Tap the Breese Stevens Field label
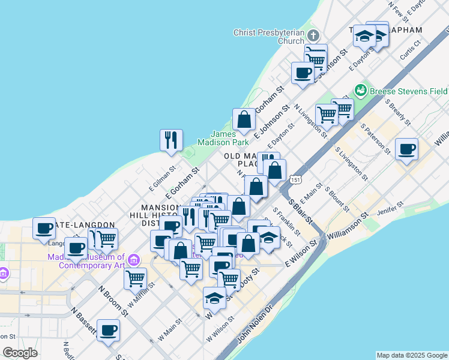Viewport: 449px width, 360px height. click(409, 91)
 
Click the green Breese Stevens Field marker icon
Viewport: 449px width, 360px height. click(361, 91)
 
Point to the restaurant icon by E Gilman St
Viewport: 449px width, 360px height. click(171, 140)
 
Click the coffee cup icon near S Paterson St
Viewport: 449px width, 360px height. click(407, 149)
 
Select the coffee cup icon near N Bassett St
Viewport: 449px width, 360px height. click(108, 330)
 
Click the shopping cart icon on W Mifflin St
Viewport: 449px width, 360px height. click(136, 278)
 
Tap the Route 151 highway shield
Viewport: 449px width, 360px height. click(295, 179)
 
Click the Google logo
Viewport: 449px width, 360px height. click(20, 352)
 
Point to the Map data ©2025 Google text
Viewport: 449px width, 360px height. click(412, 355)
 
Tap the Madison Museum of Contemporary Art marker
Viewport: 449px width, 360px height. click(134, 260)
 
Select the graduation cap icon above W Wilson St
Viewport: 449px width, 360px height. click(215, 297)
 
